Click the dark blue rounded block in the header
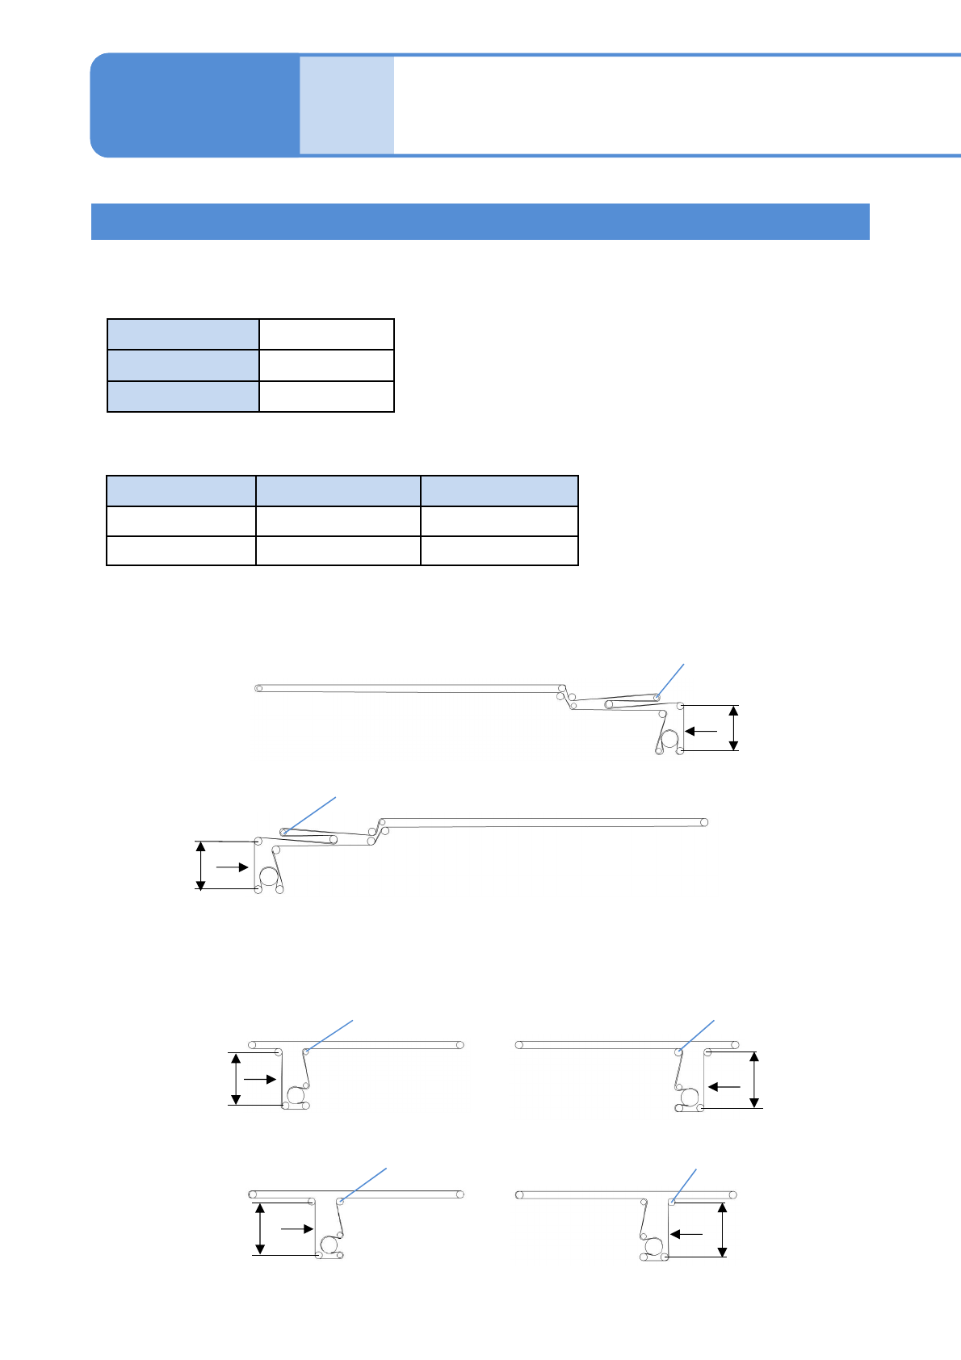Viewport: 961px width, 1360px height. [194, 105]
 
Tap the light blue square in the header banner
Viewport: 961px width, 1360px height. [346, 105]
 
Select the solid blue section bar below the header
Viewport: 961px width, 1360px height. [480, 221]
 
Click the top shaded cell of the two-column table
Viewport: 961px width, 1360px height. [183, 334]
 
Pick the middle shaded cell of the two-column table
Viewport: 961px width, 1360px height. [183, 365]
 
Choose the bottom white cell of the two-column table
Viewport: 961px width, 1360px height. [326, 397]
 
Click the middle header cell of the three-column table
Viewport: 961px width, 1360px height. [338, 491]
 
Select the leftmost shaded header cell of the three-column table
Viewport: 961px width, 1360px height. [182, 491]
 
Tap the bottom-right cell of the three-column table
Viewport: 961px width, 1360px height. [499, 551]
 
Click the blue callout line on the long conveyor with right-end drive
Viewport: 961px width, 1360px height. [671, 680]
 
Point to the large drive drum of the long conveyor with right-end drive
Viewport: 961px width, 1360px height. [669, 738]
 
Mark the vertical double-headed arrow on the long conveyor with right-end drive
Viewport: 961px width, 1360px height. [733, 728]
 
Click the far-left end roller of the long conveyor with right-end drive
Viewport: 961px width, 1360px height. [258, 688]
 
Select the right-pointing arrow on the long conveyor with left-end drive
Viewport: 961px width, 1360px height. [232, 867]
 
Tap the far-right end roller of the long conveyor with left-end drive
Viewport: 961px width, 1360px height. [704, 822]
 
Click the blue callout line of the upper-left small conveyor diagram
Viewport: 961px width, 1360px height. [329, 1035]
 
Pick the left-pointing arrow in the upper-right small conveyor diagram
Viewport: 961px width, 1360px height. [724, 1087]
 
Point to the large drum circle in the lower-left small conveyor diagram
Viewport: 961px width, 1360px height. [328, 1245]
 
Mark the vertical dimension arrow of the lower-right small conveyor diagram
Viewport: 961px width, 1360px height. [723, 1229]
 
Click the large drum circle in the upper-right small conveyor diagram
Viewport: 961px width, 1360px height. [690, 1098]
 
